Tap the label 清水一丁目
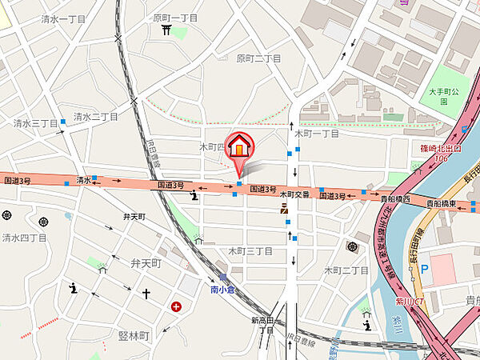(41, 18)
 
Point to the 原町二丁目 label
(258, 58)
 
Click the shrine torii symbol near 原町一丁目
(166, 31)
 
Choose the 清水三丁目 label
(35, 123)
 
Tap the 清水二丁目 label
(96, 116)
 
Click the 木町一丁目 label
(317, 134)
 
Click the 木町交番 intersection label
(294, 194)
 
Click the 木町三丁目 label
(250, 251)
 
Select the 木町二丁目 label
(346, 271)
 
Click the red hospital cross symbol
(175, 306)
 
